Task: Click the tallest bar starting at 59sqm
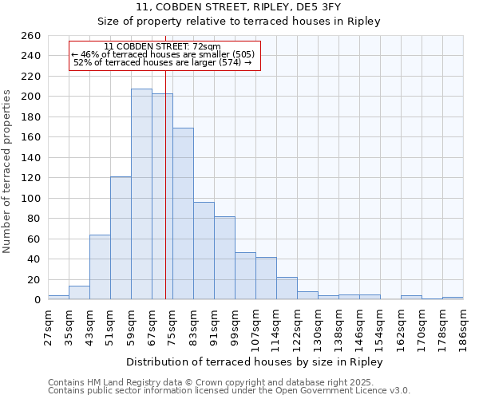141,194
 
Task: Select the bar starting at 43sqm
100,267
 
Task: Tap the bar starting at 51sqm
121,238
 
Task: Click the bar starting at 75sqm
183,214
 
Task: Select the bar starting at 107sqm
266,279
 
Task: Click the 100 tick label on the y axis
30,198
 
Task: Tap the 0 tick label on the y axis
37,300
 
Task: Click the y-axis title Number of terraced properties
7,172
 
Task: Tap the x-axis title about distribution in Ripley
255,362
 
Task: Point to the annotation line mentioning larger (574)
162,62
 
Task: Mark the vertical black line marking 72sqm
165,199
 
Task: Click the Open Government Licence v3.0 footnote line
229,390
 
